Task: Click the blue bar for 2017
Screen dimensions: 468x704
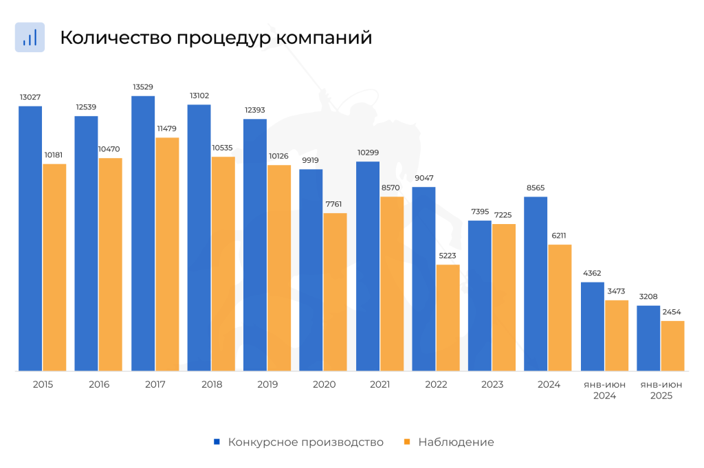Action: point(143,234)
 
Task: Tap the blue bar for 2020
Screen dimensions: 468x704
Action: point(311,270)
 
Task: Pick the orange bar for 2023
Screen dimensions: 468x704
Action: point(504,298)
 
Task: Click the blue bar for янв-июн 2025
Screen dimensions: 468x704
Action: point(648,338)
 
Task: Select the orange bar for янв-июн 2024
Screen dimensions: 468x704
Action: point(617,335)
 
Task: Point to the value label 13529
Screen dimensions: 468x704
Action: point(143,87)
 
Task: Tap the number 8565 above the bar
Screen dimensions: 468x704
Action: point(536,188)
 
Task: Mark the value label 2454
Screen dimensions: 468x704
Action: point(672,312)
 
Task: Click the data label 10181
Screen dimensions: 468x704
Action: point(54,155)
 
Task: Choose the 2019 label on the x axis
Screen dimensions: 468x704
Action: point(267,385)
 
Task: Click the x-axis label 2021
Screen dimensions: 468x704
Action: point(380,385)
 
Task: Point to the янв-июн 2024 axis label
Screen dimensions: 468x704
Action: point(604,390)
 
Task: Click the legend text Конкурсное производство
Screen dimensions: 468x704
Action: point(306,442)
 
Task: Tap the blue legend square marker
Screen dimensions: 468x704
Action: point(217,442)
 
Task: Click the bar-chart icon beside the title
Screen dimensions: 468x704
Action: point(30,37)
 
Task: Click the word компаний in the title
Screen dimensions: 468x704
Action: point(324,38)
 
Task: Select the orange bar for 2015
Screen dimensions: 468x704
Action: point(54,267)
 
